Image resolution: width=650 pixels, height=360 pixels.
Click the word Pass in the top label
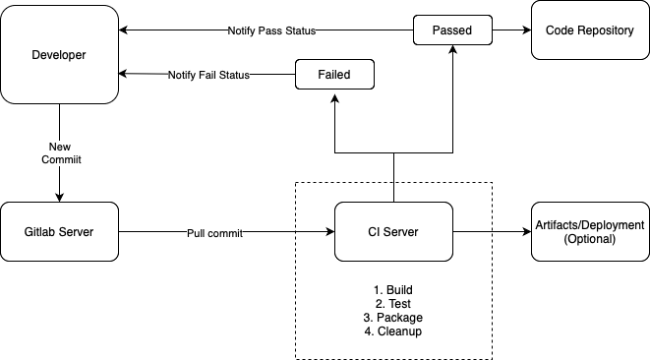tap(269, 31)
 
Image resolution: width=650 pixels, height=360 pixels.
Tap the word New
tap(60, 148)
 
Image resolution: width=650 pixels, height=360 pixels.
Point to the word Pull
tap(196, 234)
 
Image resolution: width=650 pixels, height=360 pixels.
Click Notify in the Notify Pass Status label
tap(243, 31)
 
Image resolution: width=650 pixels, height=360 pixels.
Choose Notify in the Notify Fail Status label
tap(183, 76)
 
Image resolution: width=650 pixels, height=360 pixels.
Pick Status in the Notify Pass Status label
tap(299, 31)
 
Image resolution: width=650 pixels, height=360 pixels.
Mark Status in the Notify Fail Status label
tap(234, 76)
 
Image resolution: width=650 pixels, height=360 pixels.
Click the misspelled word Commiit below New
tap(61, 160)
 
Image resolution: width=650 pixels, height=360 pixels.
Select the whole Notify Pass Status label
tap(271, 31)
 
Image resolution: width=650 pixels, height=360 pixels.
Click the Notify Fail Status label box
tap(208, 76)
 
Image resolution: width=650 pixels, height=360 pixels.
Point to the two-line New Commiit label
tap(61, 153)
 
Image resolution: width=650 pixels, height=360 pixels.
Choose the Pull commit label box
tap(214, 234)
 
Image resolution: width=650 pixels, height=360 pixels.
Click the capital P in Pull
tap(191, 234)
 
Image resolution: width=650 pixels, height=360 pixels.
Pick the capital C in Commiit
tap(45, 160)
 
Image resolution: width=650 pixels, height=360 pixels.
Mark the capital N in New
tap(52, 148)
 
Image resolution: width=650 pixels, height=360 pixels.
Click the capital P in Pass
tap(262, 31)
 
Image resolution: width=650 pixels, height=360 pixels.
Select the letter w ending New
tap(67, 148)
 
